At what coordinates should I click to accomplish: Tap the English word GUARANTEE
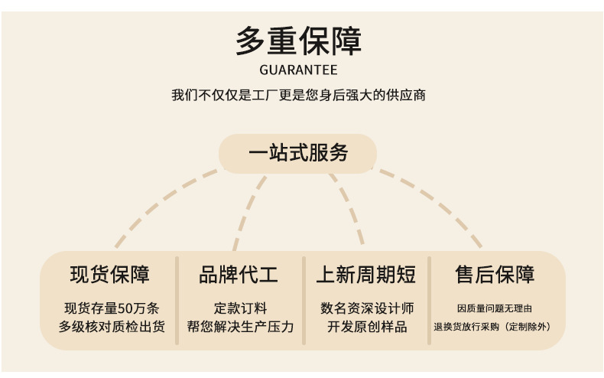pos(298,71)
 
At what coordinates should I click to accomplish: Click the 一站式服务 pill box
pos(298,153)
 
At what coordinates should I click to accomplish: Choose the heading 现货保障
pos(110,274)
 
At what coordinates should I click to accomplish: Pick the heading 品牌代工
pos(239,274)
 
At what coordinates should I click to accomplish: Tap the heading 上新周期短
pos(366,274)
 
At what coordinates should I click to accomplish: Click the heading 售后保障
pos(495,274)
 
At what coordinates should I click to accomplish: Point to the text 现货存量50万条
pos(112,308)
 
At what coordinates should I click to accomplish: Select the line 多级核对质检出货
pos(112,327)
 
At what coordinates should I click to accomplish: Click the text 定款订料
pos(240,308)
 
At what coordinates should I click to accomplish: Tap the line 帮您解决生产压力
pos(240,327)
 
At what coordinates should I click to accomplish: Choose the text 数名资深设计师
pos(367,308)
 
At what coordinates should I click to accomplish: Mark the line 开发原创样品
pos(367,327)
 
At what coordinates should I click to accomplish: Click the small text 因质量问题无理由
pos(495,308)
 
